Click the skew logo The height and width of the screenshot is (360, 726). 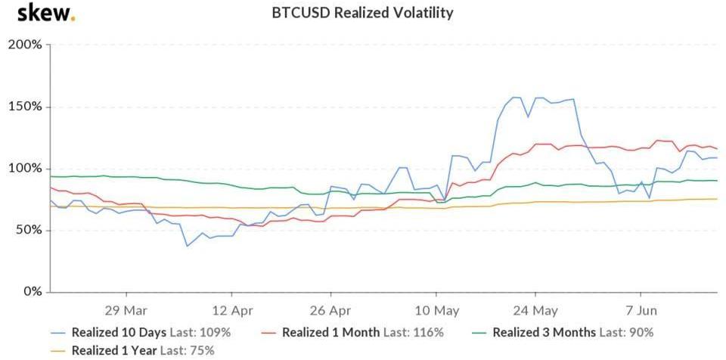pos(45,13)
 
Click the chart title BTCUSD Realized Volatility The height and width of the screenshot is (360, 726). pos(362,13)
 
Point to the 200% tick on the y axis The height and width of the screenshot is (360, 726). pos(26,45)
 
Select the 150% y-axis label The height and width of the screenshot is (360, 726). pos(26,107)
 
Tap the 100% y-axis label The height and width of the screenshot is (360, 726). pos(26,168)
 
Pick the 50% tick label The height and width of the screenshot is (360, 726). pos(29,230)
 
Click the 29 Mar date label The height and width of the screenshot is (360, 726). pos(126,310)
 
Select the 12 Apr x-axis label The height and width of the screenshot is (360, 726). pos(231,310)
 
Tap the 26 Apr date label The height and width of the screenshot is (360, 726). pos(330,310)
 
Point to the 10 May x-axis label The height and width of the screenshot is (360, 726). pos(436,310)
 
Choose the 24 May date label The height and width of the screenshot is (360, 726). pos(535,310)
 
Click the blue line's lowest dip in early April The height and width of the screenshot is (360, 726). pos(187,246)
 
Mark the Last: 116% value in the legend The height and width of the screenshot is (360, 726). pos(414,332)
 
